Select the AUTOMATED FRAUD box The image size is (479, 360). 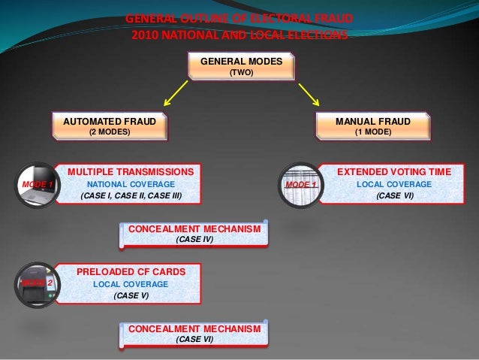tap(110, 126)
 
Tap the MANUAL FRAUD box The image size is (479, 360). tap(372, 126)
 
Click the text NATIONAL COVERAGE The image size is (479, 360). tap(131, 184)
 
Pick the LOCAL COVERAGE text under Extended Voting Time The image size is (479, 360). tap(393, 184)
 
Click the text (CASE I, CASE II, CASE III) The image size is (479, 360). tap(131, 196)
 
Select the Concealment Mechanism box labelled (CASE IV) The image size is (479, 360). tap(194, 233)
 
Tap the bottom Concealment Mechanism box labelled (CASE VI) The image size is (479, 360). tap(194, 334)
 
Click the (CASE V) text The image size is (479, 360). tap(131, 296)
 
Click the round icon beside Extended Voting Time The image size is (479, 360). tap(300, 185)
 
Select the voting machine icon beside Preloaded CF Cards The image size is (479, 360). tap(36, 285)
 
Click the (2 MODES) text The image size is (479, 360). tap(110, 132)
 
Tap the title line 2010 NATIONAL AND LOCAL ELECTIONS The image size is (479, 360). tap(239, 35)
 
